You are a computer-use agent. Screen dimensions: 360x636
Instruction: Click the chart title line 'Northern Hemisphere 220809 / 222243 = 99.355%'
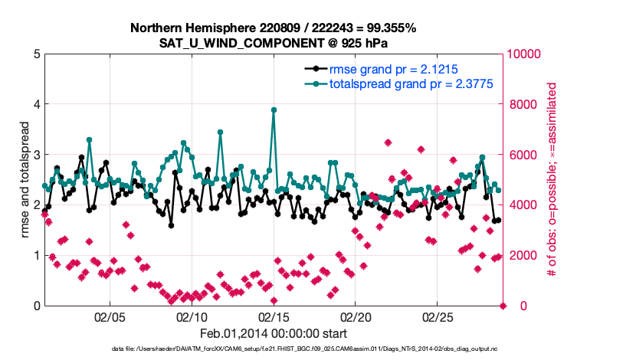pos(273,28)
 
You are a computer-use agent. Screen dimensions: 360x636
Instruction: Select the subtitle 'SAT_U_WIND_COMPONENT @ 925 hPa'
pos(273,43)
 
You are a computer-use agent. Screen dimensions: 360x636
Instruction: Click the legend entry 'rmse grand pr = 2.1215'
pos(393,68)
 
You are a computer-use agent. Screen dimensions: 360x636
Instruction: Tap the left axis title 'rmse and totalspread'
pos(25,180)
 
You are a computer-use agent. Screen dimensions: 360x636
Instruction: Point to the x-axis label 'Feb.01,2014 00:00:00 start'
pos(274,334)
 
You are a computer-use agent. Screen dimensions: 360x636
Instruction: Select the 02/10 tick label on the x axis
pos(192,316)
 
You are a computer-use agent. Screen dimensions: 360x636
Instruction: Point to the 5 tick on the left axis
pos(37,54)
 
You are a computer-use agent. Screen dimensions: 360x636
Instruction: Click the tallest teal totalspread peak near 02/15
pos(274,110)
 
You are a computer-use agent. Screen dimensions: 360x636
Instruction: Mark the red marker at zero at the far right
pos(503,306)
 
